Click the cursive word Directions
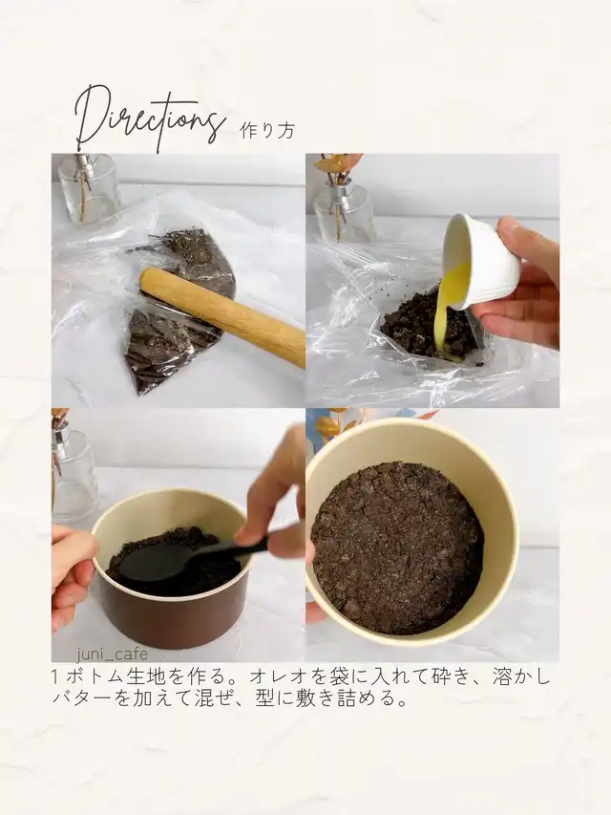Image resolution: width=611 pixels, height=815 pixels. coord(151,118)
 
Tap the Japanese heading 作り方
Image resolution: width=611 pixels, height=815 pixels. coord(267,130)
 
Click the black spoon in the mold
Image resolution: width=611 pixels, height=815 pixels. coord(188,559)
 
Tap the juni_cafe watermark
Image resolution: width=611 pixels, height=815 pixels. coord(113,654)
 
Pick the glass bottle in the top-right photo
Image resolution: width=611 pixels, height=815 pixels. coord(344,209)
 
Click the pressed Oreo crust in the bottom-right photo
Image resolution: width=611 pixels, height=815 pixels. coord(397,553)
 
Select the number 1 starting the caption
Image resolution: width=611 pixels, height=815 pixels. coord(55,677)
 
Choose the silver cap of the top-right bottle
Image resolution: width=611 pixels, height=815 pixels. coord(345,186)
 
